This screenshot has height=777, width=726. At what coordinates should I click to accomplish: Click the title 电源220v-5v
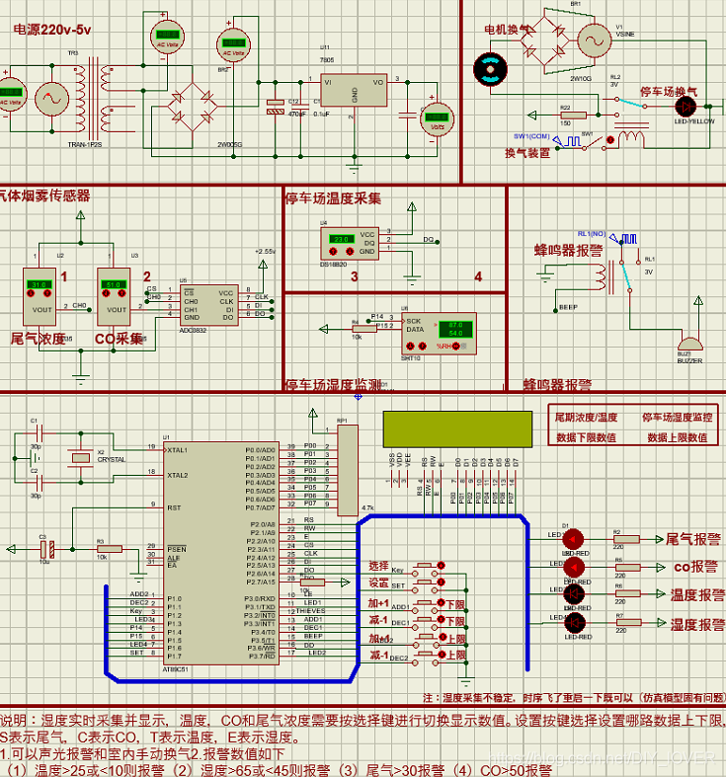click(x=52, y=30)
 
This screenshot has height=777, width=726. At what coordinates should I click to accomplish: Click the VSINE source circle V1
click(x=596, y=40)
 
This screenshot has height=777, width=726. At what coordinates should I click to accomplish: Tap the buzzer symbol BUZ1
click(x=683, y=349)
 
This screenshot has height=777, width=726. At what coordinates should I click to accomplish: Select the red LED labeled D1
click(x=574, y=538)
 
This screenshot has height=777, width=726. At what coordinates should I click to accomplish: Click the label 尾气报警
click(x=692, y=540)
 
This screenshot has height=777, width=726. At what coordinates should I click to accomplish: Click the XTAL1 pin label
click(x=178, y=450)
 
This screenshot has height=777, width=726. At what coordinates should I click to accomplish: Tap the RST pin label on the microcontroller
click(x=175, y=507)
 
